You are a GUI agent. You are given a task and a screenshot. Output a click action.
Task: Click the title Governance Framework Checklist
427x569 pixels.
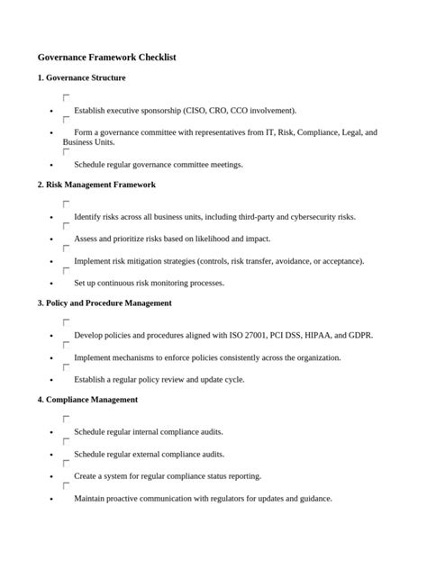coord(106,57)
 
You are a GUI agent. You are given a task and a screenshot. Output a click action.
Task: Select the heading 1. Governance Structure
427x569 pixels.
coord(86,78)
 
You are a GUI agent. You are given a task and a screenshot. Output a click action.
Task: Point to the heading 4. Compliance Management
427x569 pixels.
coord(87,399)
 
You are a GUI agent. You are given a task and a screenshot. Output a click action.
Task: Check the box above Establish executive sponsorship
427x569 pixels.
coord(66,97)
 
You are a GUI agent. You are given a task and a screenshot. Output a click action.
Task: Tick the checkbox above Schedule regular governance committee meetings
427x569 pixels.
coord(66,152)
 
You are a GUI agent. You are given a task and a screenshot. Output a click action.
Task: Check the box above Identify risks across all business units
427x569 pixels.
coord(66,204)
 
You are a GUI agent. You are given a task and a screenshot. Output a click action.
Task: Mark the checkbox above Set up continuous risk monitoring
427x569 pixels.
coord(66,270)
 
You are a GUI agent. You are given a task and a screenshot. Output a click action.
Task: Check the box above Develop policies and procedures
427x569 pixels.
coord(66,322)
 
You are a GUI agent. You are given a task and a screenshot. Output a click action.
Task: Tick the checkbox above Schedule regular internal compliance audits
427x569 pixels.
coord(66,419)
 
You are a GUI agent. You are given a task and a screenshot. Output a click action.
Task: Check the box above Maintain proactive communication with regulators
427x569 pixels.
coord(66,485)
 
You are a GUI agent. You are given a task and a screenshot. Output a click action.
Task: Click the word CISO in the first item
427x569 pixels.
coord(195,111)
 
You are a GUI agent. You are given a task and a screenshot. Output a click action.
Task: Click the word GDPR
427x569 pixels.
coord(361,336)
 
